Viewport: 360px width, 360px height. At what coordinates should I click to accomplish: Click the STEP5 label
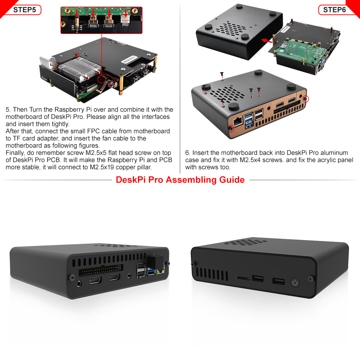point(24,10)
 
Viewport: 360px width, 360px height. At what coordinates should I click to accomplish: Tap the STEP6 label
point(334,10)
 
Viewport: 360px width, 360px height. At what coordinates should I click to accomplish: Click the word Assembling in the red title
point(191,180)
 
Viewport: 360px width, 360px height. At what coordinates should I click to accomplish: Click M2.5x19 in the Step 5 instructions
point(102,167)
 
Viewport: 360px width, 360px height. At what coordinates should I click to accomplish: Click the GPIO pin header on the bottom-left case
point(101,270)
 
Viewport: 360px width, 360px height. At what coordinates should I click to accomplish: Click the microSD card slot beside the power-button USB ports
point(244,278)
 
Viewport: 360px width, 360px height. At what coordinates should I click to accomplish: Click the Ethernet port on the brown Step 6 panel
point(238,121)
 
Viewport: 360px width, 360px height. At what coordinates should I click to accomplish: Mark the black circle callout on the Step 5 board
point(102,79)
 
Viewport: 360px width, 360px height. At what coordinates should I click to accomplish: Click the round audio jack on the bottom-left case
point(79,284)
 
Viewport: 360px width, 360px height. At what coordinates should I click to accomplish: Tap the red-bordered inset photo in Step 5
point(102,20)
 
